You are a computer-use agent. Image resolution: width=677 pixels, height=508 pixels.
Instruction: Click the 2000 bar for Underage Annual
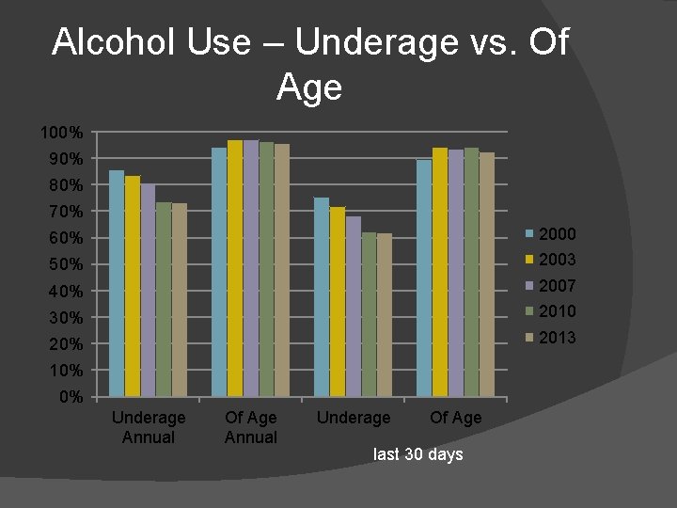(117, 283)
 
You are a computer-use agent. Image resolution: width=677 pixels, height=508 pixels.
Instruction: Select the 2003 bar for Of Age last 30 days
(440, 272)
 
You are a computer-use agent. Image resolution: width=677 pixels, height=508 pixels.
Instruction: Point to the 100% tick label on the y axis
(62, 133)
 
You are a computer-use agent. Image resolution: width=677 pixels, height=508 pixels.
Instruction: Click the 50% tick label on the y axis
(66, 264)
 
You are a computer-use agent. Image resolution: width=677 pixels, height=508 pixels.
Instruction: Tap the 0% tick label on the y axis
(70, 397)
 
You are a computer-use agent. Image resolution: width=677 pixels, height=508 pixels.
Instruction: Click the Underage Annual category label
(149, 427)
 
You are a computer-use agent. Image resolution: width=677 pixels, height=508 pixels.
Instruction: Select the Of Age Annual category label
(251, 427)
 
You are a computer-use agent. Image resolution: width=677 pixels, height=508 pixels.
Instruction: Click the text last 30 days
(418, 454)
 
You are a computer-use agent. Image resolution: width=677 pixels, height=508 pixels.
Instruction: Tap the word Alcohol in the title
(104, 42)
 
